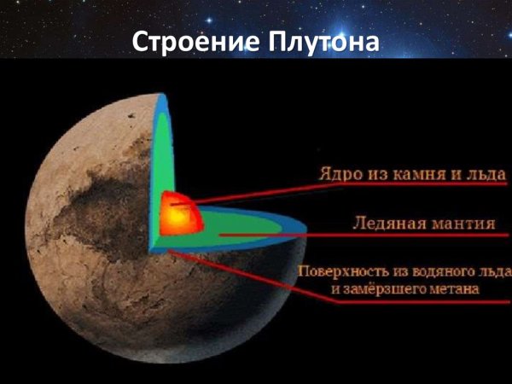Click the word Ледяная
click(386, 225)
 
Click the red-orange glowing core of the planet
click(176, 213)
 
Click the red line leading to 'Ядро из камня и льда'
click(256, 192)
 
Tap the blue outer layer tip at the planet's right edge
click(299, 230)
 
